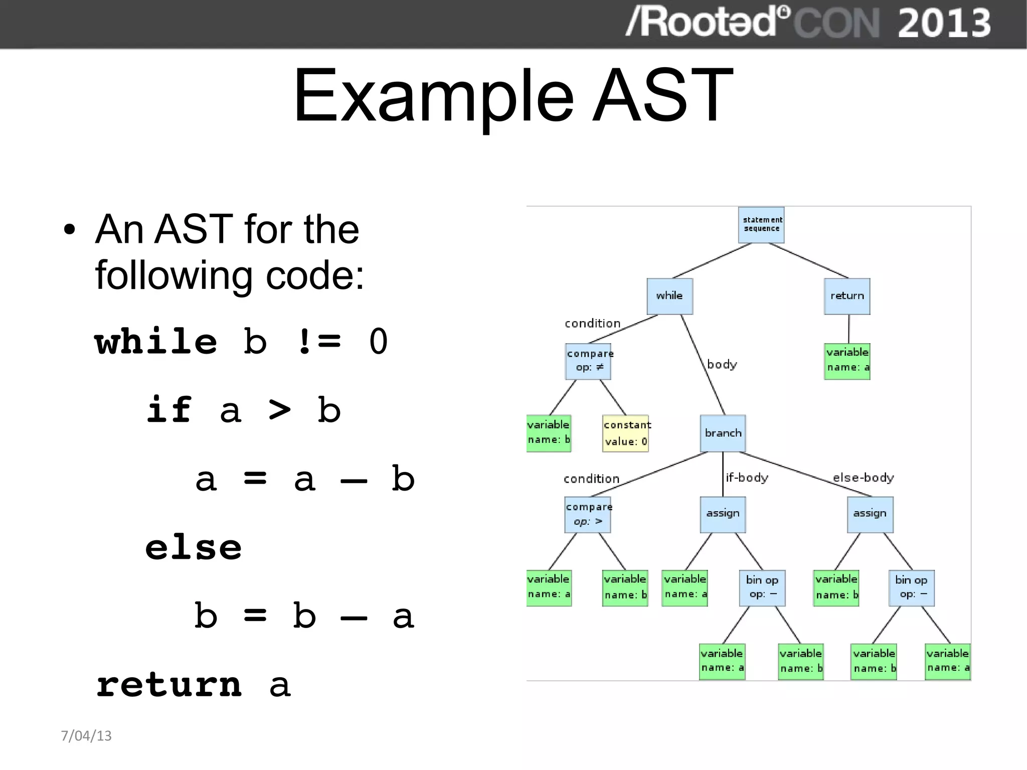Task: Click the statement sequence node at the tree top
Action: point(761,225)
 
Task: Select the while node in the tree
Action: point(669,296)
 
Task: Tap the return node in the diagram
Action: point(847,296)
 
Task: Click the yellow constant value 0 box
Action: point(625,433)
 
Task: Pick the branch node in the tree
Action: point(723,433)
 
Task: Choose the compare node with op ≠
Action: point(588,361)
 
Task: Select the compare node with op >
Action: point(588,515)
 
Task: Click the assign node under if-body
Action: point(723,514)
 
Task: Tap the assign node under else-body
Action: point(870,514)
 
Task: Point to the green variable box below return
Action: point(847,361)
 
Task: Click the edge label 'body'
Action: point(722,364)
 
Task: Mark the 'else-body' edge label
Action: point(863,478)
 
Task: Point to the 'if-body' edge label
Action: point(747,478)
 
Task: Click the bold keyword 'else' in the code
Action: point(194,547)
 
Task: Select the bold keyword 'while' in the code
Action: point(156,342)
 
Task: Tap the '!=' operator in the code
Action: point(319,342)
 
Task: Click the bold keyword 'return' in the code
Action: point(169,685)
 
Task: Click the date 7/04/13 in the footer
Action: point(86,735)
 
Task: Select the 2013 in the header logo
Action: point(944,23)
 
